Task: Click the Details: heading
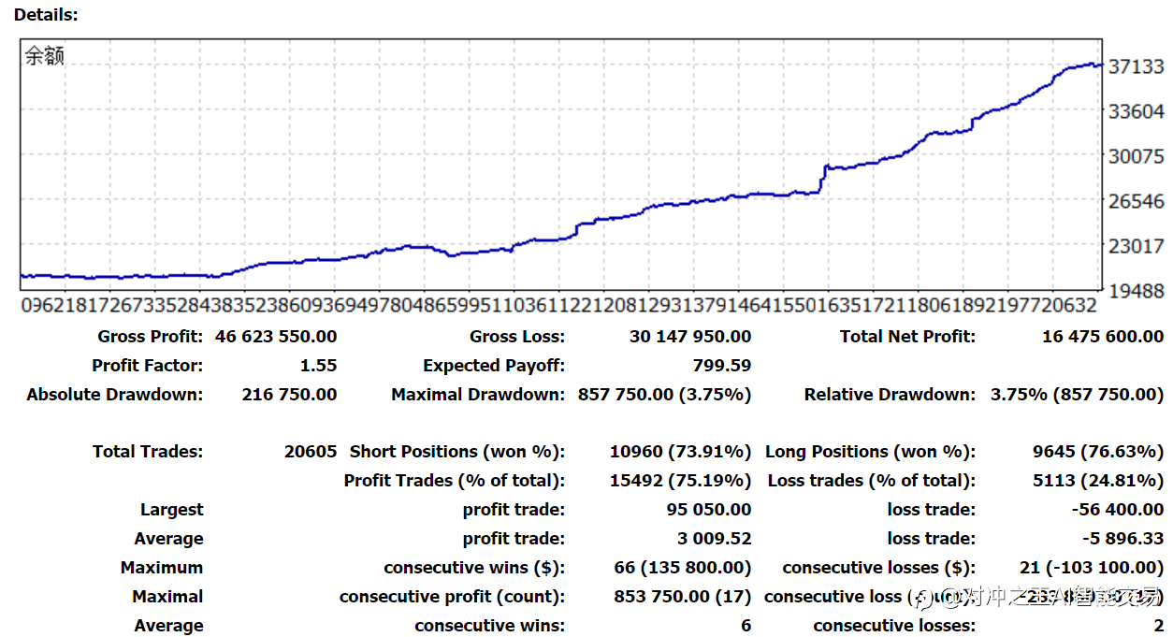(46, 15)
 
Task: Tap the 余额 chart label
(44, 56)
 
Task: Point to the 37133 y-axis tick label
(1136, 66)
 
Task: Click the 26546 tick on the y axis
(1136, 201)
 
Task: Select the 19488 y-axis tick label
(1136, 291)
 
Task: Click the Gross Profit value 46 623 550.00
(276, 337)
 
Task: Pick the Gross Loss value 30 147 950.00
(690, 337)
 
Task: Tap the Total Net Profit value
(1103, 337)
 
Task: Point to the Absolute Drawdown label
(114, 395)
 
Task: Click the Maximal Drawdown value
(664, 395)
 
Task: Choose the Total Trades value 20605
(310, 452)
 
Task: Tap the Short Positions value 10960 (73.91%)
(680, 452)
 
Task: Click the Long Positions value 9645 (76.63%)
(1098, 452)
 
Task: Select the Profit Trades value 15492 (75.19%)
(680, 481)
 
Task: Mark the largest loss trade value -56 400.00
(1117, 510)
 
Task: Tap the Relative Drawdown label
(890, 395)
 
